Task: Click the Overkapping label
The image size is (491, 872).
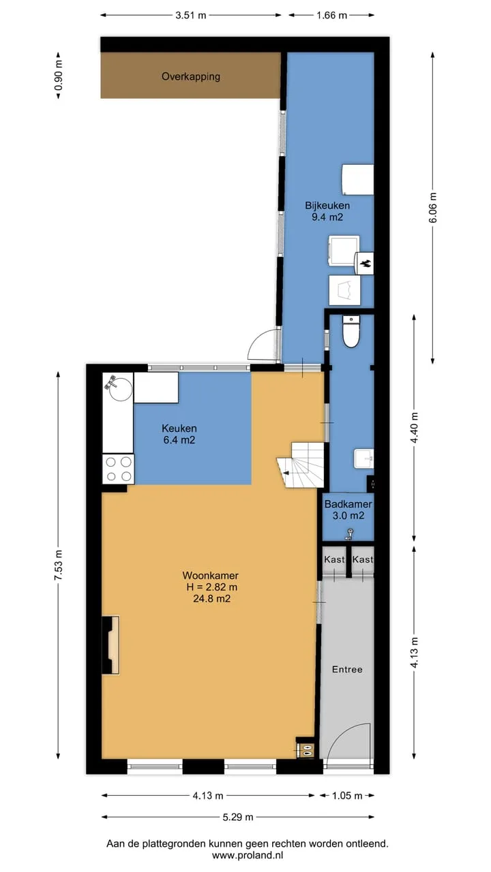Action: (191, 76)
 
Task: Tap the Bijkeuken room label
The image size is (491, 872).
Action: (327, 205)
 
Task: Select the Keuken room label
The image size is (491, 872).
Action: (179, 429)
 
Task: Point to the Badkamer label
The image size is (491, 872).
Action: (348, 503)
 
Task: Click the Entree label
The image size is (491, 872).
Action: (347, 669)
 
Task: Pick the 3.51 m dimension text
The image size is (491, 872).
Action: (190, 16)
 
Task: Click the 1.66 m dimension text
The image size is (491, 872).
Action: (331, 16)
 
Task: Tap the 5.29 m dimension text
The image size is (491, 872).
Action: (238, 817)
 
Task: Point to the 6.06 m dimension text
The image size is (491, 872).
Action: (432, 208)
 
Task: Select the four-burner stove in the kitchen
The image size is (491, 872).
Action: (119, 469)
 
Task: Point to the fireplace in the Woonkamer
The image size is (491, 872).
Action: (110, 644)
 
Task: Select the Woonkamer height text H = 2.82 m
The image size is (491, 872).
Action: (211, 587)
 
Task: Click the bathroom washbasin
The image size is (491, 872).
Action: (363, 458)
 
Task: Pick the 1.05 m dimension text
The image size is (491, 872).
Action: (347, 796)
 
